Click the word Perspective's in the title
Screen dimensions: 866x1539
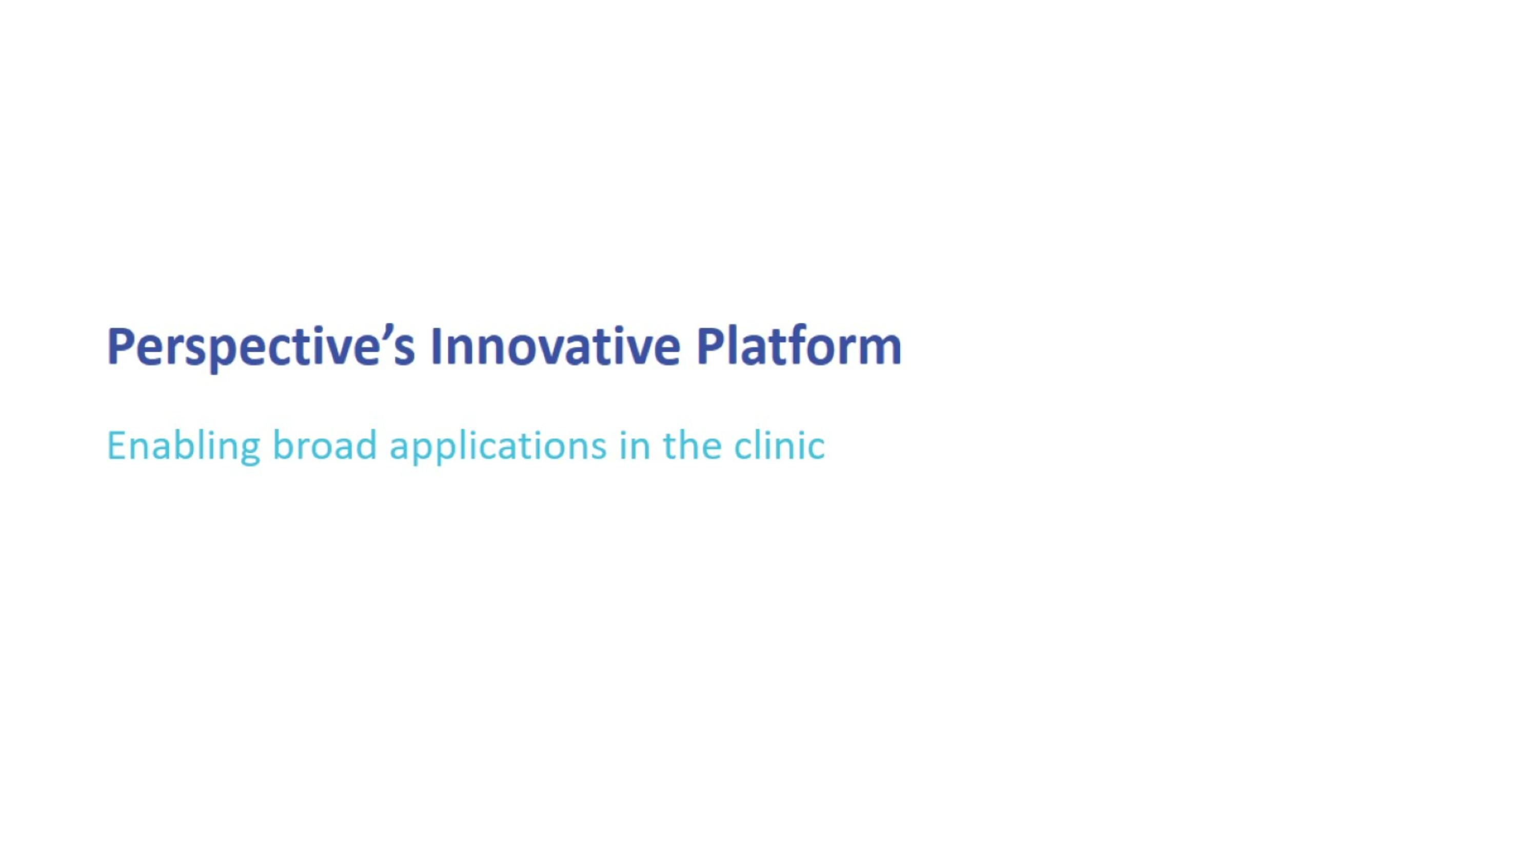click(261, 347)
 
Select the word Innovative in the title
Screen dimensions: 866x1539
click(555, 347)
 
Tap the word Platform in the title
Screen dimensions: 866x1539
click(799, 347)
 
